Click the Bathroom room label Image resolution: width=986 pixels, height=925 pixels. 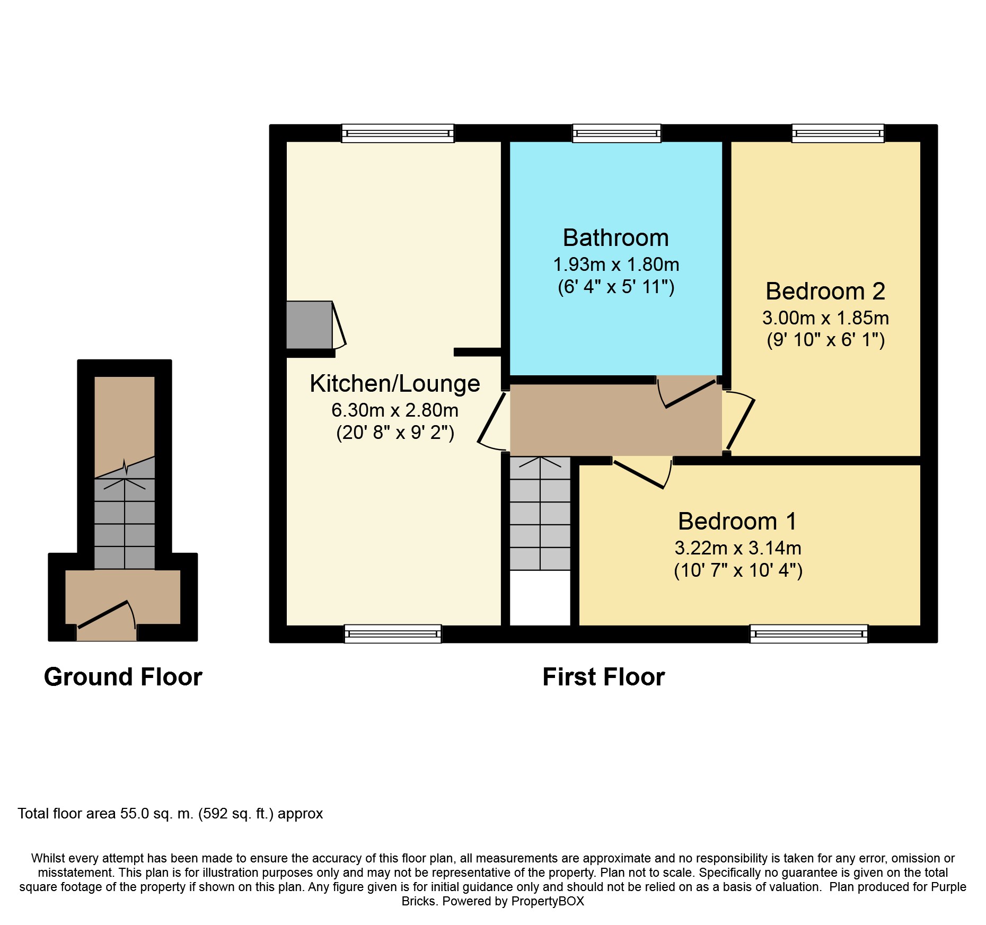(x=615, y=238)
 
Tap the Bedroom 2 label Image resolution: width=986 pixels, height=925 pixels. (x=825, y=292)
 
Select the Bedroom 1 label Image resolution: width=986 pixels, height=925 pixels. (x=737, y=522)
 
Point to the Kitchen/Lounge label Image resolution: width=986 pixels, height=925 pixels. (x=395, y=384)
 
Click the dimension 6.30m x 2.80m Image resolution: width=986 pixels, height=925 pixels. (x=395, y=410)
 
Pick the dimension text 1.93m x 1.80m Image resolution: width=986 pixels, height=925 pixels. (x=616, y=265)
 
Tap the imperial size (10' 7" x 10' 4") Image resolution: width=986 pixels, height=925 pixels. (x=738, y=571)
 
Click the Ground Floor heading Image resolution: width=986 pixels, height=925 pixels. (x=123, y=677)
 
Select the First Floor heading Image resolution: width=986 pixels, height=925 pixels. (x=604, y=677)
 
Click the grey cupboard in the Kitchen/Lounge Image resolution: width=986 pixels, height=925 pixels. (x=310, y=325)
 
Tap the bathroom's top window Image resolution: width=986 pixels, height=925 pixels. (x=617, y=133)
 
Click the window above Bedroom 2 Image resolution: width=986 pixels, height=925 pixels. (x=838, y=133)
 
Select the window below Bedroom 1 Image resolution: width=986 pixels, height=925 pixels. (x=809, y=634)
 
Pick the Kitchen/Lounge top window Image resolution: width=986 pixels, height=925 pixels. (x=398, y=133)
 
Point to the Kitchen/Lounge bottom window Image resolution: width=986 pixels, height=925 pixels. (x=393, y=634)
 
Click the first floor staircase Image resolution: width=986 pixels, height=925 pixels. (x=540, y=513)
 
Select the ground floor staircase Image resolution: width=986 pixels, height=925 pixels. (x=125, y=524)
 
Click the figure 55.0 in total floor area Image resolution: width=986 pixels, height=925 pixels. (x=135, y=814)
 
